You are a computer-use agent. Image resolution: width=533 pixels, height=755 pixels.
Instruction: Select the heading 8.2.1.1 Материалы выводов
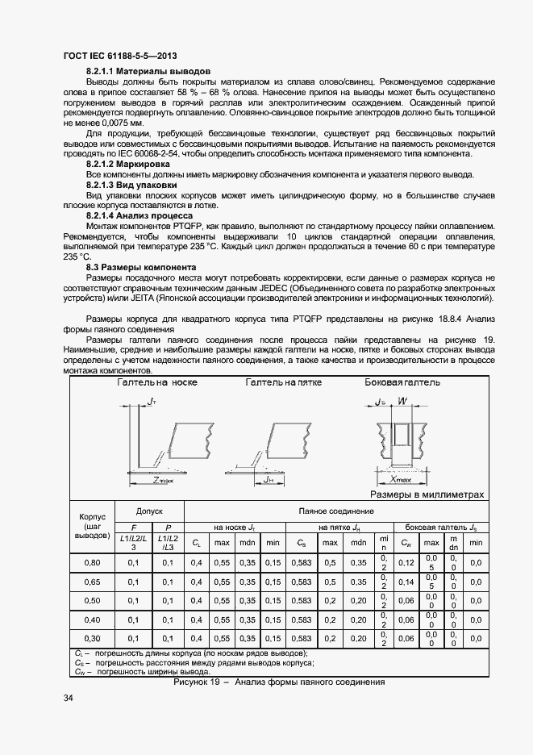148,72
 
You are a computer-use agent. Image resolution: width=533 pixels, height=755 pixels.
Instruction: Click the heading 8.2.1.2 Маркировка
135,164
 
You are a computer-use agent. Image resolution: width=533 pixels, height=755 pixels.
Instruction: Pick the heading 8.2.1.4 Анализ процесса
139,215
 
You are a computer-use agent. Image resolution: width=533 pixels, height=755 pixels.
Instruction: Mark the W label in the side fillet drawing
403,401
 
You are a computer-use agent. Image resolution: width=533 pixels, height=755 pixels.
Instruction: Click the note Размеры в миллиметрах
427,494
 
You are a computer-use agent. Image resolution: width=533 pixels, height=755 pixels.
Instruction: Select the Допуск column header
149,511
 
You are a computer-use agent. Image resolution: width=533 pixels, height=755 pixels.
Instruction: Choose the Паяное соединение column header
336,511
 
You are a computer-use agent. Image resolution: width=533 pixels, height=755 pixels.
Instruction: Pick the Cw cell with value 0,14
406,581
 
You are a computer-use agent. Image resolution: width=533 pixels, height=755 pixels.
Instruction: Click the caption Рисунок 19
198,682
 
